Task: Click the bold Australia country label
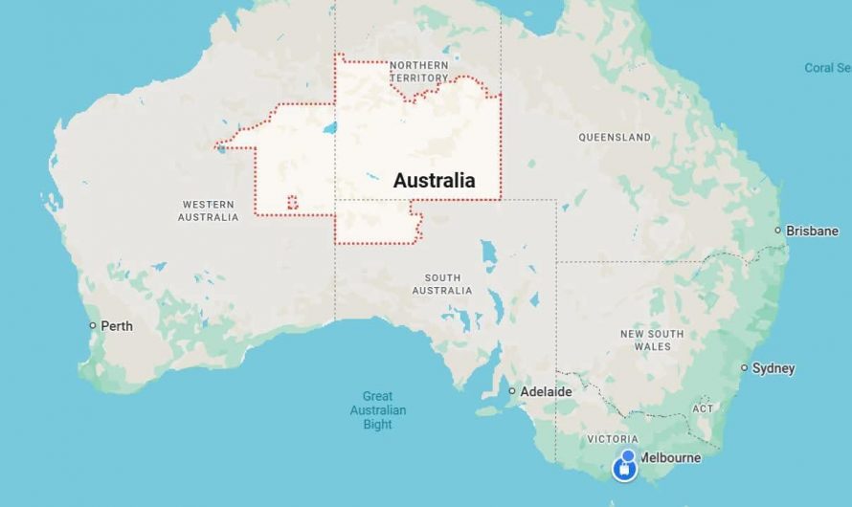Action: tap(434, 180)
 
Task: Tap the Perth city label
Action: tap(117, 326)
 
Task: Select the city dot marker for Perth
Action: tap(93, 326)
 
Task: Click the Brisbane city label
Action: tap(812, 231)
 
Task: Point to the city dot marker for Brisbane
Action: tap(778, 231)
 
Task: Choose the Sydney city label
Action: tap(774, 368)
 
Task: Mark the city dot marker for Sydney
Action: tap(744, 368)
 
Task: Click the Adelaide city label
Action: tap(546, 391)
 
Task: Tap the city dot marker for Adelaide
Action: tap(512, 391)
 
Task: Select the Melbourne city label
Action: tap(670, 457)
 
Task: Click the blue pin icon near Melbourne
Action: tap(625, 468)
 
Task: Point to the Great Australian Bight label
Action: tap(378, 410)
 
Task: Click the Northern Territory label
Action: tap(418, 72)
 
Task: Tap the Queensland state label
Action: tap(615, 138)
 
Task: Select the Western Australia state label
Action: tap(208, 210)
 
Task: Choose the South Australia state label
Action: tap(441, 284)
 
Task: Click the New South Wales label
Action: tap(652, 340)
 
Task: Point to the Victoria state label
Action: tap(613, 439)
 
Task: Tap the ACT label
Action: tap(703, 408)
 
